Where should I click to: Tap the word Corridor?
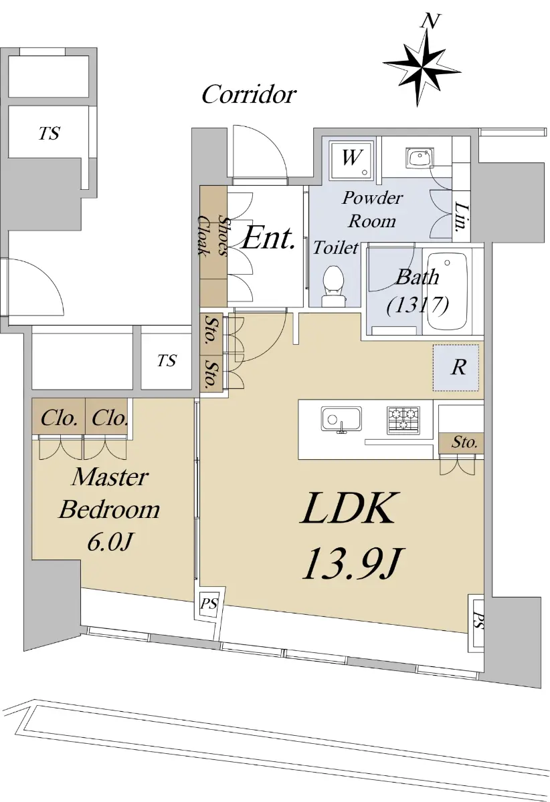point(248,95)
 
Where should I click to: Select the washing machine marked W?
point(351,159)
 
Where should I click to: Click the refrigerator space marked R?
point(457,368)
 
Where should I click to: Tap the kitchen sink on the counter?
point(341,419)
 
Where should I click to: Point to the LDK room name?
point(350,509)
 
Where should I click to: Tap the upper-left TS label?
point(49,134)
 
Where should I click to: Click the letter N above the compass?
point(432,21)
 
